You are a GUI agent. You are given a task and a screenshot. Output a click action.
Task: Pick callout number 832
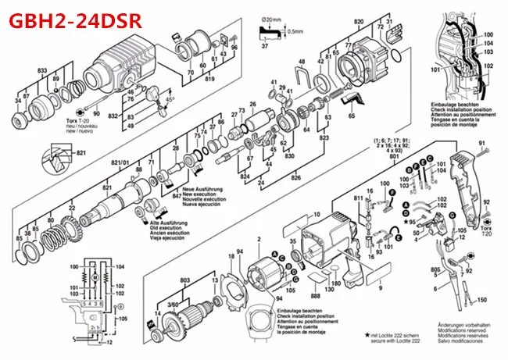[x=113, y=115]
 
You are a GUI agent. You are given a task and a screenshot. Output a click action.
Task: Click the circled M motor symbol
[x=95, y=278]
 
